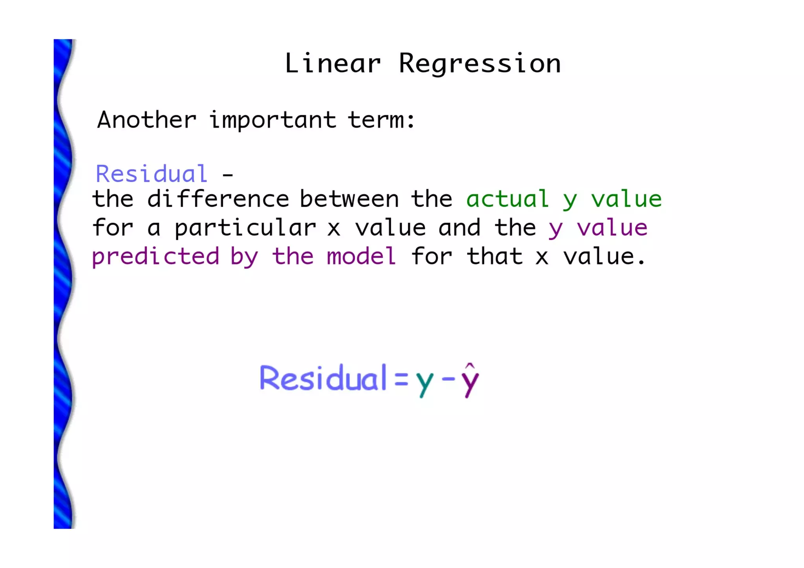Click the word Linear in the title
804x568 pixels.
333,63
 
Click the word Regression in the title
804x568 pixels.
480,64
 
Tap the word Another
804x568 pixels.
146,120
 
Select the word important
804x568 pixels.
273,121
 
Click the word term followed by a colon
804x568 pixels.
381,120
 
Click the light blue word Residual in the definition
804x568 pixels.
152,174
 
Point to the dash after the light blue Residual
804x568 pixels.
228,175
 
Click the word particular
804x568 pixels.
245,228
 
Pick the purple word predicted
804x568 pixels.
155,257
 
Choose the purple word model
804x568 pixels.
361,256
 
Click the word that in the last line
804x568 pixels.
495,256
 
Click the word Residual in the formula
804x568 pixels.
323,378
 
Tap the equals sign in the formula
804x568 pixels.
401,380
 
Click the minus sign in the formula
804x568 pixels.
448,379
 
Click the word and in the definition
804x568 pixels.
459,228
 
